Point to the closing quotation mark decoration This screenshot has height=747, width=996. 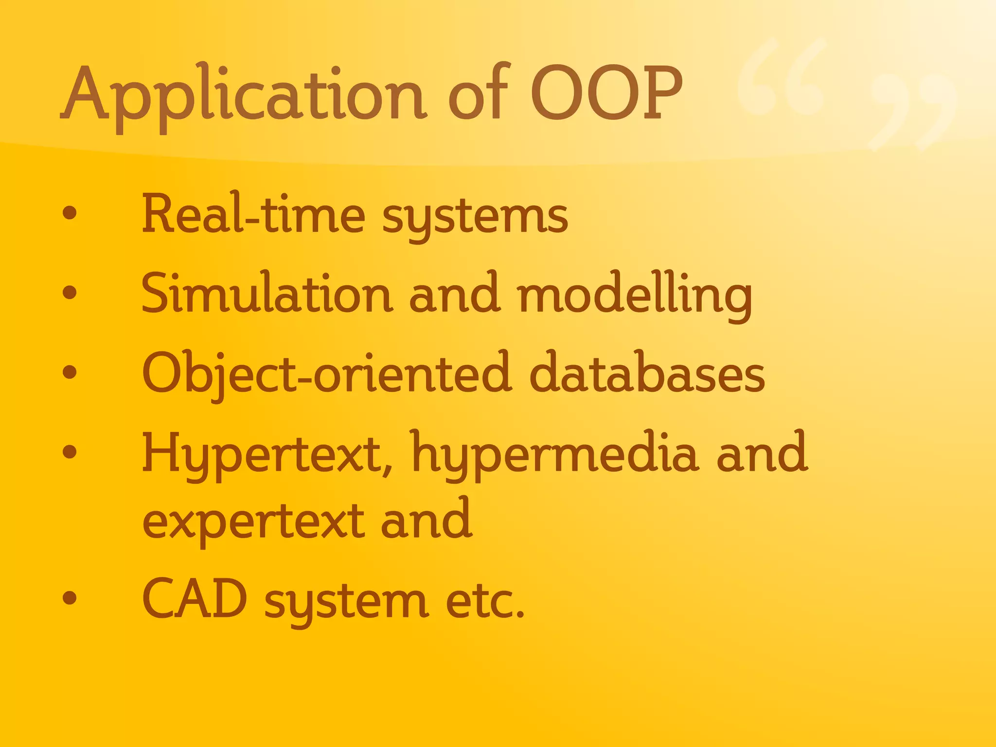[911, 112]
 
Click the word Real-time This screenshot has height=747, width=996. [253, 214]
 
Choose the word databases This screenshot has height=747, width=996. [647, 373]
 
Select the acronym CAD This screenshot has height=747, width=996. [195, 599]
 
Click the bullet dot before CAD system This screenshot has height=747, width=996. [70, 598]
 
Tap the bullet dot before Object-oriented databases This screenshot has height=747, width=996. [70, 372]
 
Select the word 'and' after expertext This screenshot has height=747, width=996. [426, 519]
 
